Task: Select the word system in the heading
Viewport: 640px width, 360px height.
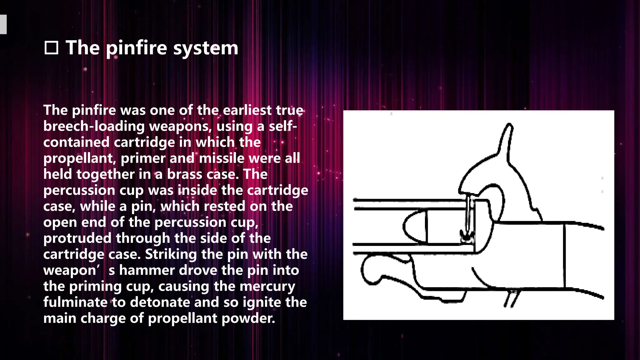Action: pos(206,48)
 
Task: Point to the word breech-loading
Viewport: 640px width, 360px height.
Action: pos(94,126)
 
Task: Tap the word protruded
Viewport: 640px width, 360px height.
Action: pos(77,238)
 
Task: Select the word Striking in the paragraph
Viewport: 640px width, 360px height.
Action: pos(171,254)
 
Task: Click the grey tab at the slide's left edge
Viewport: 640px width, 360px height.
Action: pos(3,24)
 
